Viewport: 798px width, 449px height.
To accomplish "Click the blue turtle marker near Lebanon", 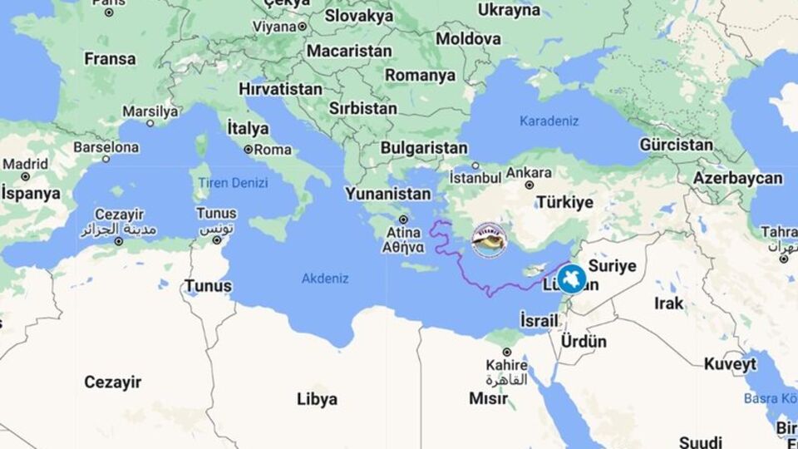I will [572, 279].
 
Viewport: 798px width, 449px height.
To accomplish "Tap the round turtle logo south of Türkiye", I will [489, 240].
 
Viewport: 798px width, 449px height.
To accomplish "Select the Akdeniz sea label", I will [325, 279].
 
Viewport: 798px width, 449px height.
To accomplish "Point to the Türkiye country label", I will [565, 202].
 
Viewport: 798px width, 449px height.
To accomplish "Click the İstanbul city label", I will [475, 178].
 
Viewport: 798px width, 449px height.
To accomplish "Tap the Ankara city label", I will [529, 172].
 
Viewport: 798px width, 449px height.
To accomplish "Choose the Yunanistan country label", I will [388, 194].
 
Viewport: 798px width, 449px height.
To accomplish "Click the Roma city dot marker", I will [248, 150].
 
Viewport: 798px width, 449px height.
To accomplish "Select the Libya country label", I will [318, 399].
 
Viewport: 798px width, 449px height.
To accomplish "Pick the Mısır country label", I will [488, 398].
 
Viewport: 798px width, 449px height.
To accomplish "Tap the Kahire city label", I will [507, 365].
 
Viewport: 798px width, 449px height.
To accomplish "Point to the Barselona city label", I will [106, 147].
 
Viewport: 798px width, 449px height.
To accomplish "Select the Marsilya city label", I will [150, 111].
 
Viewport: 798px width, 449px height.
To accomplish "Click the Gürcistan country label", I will [676, 145].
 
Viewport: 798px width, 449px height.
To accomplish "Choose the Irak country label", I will [668, 303].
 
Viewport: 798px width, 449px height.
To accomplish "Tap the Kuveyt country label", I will [730, 364].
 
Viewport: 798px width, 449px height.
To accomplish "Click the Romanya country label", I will [420, 76].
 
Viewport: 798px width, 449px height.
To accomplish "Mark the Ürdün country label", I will [584, 341].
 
